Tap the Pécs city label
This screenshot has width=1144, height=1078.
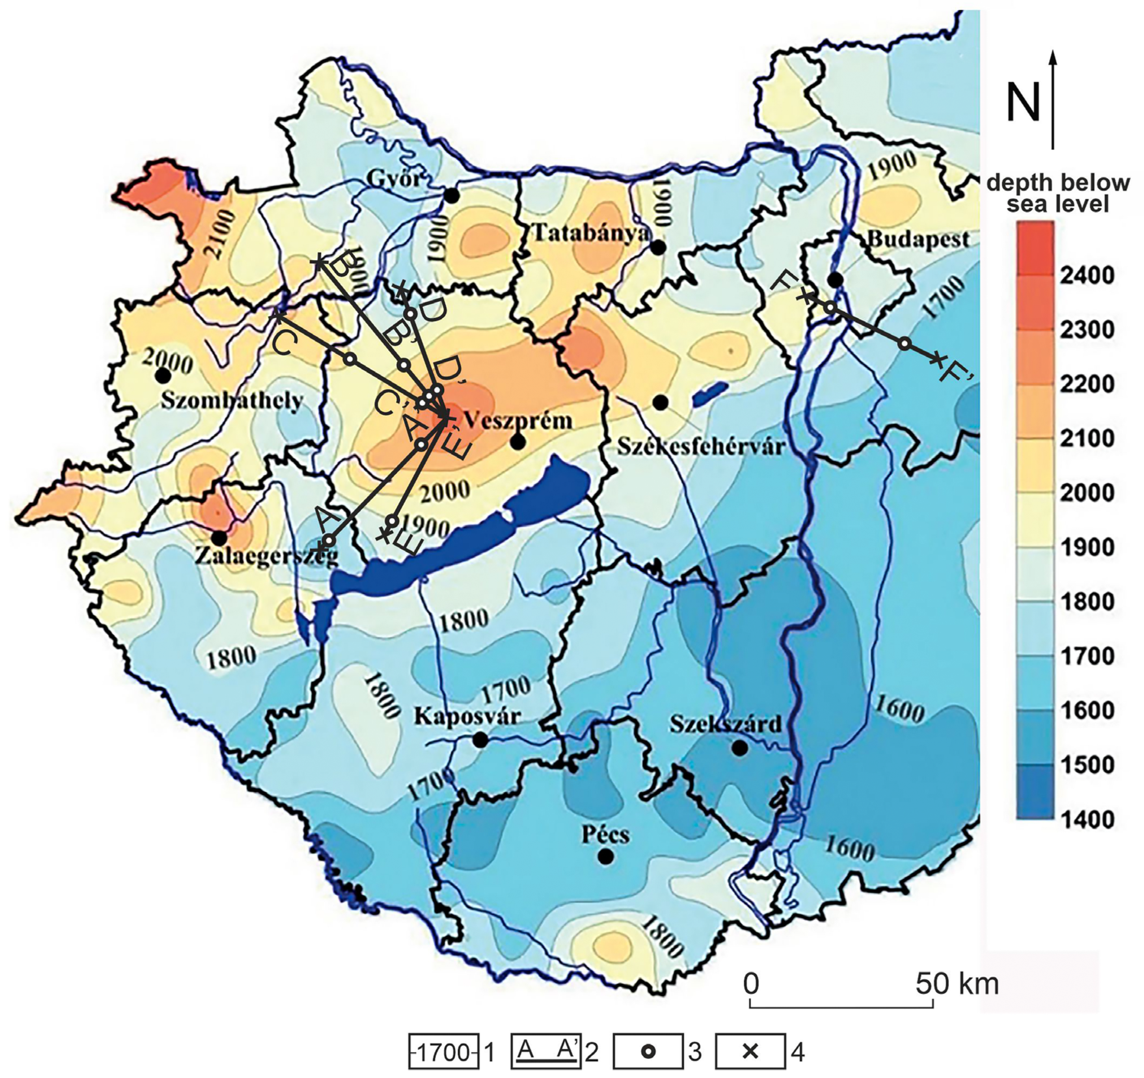point(605,835)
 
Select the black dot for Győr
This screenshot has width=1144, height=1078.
point(452,196)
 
